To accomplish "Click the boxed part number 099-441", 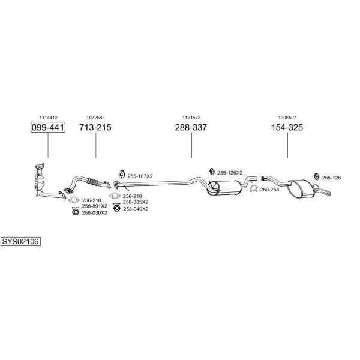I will pos(47,128).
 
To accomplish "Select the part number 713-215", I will pos(95,128).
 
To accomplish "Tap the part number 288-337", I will pos(191,128).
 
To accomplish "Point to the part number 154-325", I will pos(287,128).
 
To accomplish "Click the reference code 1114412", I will pos(47,118).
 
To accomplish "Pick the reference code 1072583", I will pos(95,118).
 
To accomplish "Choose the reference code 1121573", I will pos(191,118).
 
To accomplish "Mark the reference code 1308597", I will pos(287,118).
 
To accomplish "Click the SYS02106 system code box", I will pos(20,242).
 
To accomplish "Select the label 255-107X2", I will pos(140,176).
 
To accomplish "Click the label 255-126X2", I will pos(229,173).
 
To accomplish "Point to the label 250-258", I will pos(269,190).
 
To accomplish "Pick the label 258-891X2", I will pos(94,206).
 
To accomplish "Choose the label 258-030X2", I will pos(94,212).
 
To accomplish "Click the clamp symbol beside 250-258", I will pos(253,190).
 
